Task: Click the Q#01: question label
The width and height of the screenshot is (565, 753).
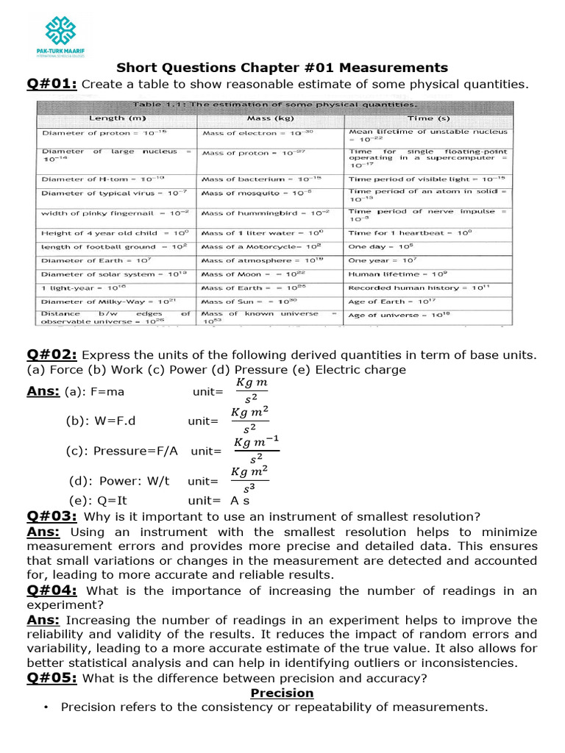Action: coord(52,84)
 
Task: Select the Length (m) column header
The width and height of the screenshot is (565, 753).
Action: coord(118,118)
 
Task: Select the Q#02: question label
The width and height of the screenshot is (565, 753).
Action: coord(52,354)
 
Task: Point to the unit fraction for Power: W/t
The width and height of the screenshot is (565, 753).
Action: coord(249,481)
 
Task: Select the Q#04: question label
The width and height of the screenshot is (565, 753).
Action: coord(52,590)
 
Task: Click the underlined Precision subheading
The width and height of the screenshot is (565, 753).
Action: coord(282,693)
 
